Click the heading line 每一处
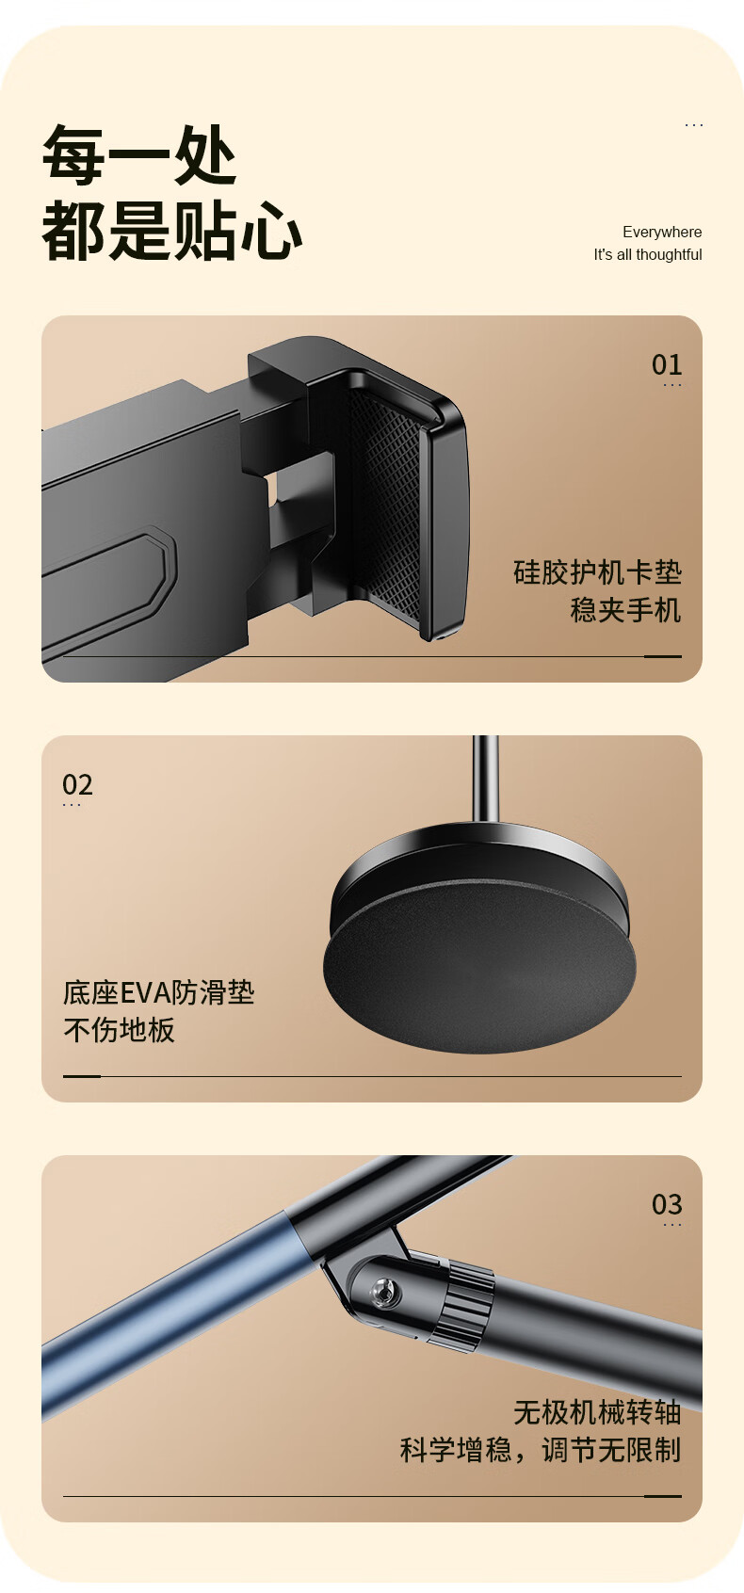pos(139,154)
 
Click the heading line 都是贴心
pos(172,231)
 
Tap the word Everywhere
pos(661,232)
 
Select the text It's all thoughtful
pos(647,254)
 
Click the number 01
pos(667,364)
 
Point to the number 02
pos(77,784)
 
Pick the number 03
pos(667,1204)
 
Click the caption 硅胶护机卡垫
pos(597,572)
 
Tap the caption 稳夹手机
pos(625,610)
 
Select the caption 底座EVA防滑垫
pos(158,992)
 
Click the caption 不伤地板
pos(119,1030)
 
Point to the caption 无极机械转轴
pos(597,1411)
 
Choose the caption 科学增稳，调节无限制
pos(541,1449)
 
